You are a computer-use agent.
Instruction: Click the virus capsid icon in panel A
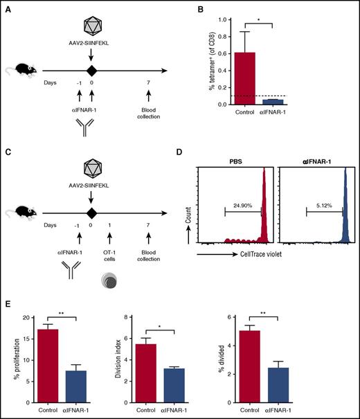click(x=91, y=26)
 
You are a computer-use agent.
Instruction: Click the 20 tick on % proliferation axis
click(x=28, y=317)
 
